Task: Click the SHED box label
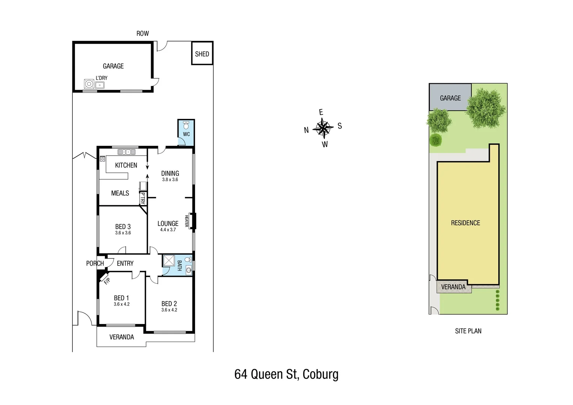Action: coord(202,54)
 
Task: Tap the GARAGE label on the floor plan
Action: coord(113,66)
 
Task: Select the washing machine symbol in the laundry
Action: coord(89,84)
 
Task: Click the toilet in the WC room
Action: coord(186,124)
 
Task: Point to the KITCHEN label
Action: coord(126,165)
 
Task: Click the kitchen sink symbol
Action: coord(127,152)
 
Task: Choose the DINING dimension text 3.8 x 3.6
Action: coord(170,180)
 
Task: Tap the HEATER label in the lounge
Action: coord(186,220)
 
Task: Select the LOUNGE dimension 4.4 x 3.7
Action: coord(168,230)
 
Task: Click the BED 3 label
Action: coord(123,226)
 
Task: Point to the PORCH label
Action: coord(95,263)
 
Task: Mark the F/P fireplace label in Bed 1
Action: coord(106,280)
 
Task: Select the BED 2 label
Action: coord(169,304)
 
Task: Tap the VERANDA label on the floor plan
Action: coord(121,337)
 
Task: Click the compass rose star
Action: coord(323,127)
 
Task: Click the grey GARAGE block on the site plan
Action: coord(450,97)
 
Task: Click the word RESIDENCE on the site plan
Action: coord(465,223)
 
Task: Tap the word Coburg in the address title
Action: coord(320,374)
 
